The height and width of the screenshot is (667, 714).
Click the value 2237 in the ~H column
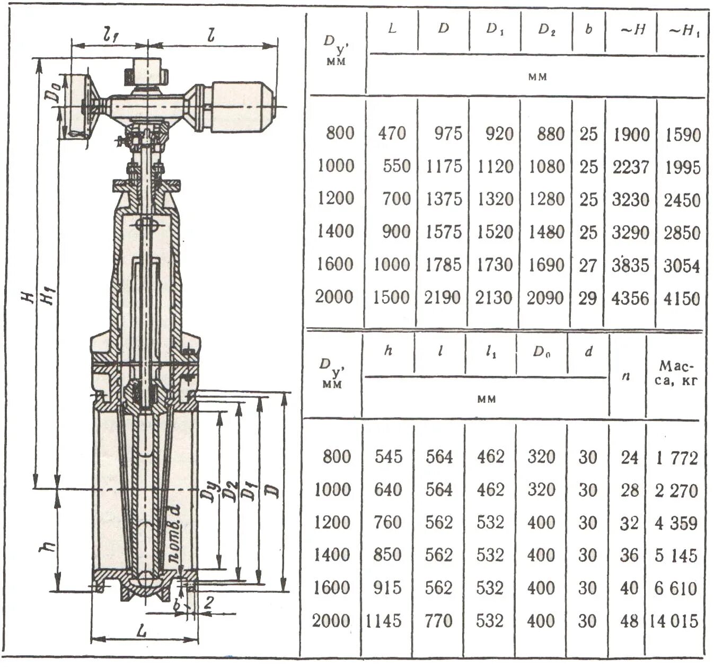point(630,167)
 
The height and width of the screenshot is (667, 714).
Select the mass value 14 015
point(675,621)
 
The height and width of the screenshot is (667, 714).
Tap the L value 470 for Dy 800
point(392,133)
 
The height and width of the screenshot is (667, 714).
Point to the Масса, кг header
point(676,373)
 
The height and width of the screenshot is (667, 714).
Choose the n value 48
point(629,621)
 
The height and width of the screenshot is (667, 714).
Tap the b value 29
point(588,299)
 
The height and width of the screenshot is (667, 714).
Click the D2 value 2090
point(545,299)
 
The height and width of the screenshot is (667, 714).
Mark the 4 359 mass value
point(676,523)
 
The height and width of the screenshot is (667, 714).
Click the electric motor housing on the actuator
point(241,107)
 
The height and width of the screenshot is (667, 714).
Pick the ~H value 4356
point(630,299)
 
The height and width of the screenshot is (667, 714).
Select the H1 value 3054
point(682,266)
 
